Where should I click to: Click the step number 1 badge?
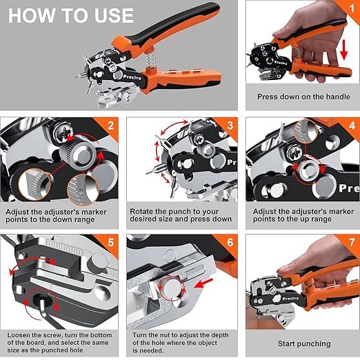pyautogui.click(x=352, y=9)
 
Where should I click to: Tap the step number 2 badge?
pyautogui.click(x=111, y=126)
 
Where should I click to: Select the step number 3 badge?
pyautogui.click(x=230, y=126)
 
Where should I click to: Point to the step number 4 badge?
pyautogui.click(x=352, y=126)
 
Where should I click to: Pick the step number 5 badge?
pyautogui.click(x=111, y=242)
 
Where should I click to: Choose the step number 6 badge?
pyautogui.click(x=230, y=242)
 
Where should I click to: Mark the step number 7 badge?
pyautogui.click(x=352, y=242)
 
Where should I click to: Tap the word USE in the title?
pyautogui.click(x=114, y=16)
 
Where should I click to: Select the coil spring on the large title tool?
pyautogui.click(x=151, y=59)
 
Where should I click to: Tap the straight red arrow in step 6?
pyautogui.click(x=203, y=283)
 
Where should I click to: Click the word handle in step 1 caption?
pyautogui.click(x=338, y=97)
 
